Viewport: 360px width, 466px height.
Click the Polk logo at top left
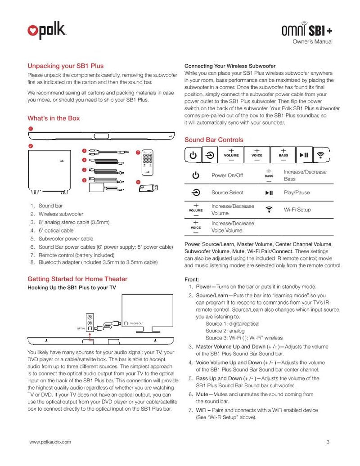pos(47,31)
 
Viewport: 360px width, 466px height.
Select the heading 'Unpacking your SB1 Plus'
pos(66,66)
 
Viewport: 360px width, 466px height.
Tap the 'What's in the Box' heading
pos(54,118)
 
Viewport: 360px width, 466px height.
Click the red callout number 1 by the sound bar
pos(30,129)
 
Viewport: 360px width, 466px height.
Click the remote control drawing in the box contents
pos(147,162)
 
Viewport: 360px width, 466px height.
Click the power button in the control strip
pos(193,155)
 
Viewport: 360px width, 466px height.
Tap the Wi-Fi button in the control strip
pos(320,155)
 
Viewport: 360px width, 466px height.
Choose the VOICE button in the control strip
pos(256,155)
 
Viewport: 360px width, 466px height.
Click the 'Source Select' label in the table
pos(227,193)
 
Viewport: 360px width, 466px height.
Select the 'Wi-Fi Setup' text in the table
pos(297,210)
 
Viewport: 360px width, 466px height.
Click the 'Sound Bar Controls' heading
pos(214,140)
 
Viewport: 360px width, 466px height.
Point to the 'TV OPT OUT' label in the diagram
pos(136,323)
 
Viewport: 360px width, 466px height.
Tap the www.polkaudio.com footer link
pos(50,442)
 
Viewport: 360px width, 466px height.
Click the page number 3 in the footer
pos(328,442)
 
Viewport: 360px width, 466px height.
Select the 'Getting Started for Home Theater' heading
pos(77,279)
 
